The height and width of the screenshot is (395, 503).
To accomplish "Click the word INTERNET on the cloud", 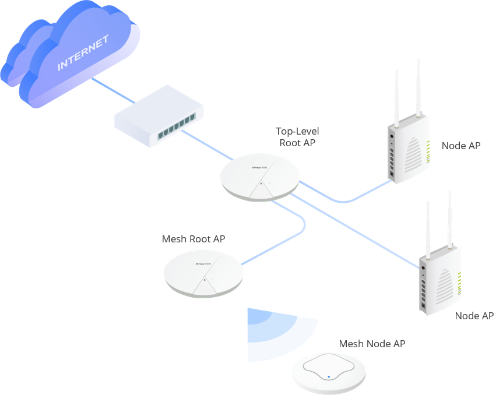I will pos(83,53).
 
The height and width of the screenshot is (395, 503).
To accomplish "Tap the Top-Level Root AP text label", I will pos(297,137).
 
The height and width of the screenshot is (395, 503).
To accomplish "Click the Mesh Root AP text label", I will pos(194,239).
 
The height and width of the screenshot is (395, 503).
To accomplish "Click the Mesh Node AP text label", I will pos(372,344).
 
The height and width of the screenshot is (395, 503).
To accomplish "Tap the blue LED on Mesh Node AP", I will pos(329,376).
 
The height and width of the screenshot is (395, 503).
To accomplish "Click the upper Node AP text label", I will pos(461,146).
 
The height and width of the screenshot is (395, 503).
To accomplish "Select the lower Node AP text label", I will pos(474,316).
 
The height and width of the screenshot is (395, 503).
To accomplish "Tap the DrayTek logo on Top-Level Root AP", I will pos(259,167).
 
